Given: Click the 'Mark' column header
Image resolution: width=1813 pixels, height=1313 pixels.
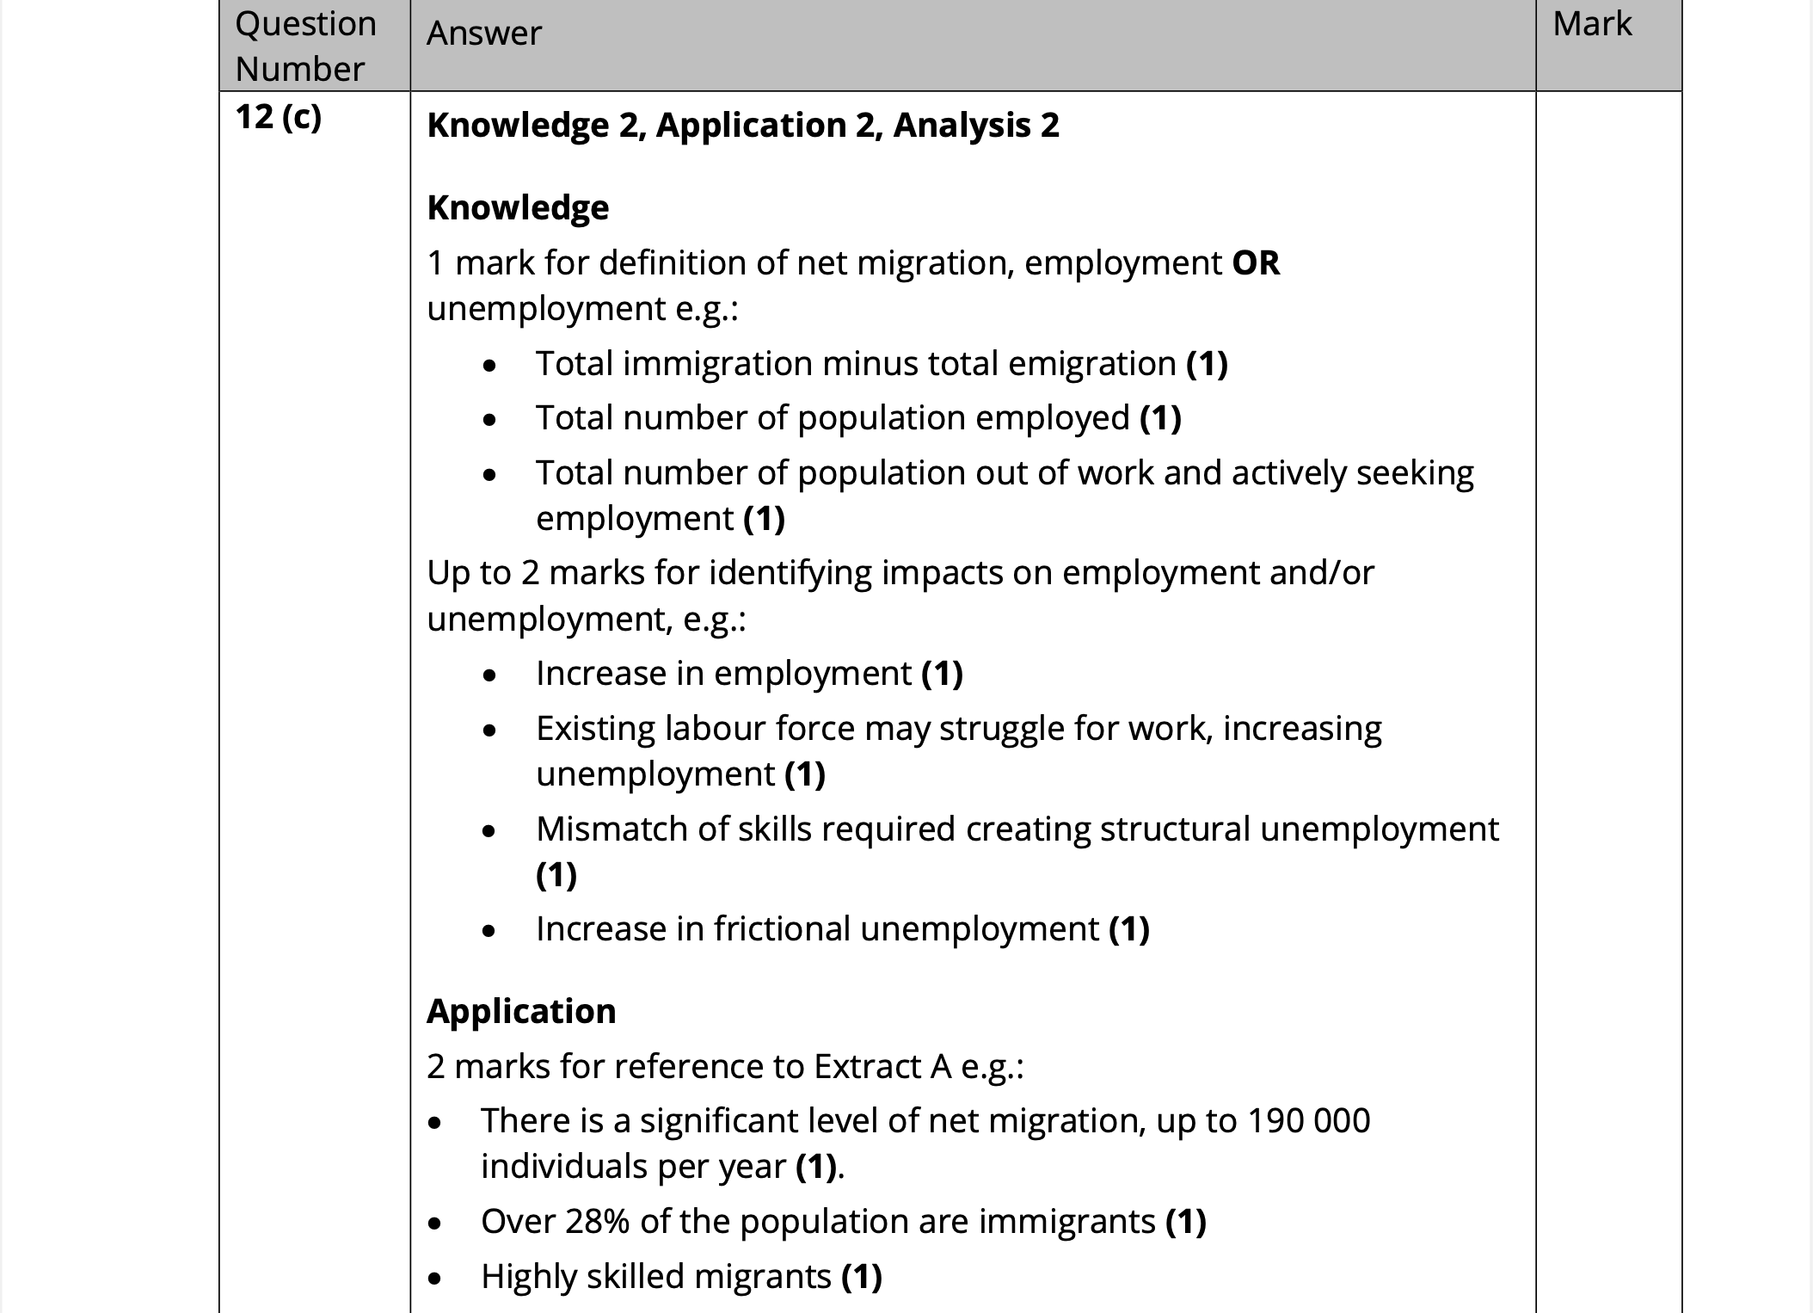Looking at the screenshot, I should point(1591,24).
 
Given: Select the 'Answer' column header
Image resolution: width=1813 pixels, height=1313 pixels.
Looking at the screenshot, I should point(484,34).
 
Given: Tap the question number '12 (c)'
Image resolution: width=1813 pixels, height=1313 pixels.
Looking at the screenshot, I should point(278,116).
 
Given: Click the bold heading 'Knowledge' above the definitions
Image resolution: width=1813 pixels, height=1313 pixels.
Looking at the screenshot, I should point(518,207).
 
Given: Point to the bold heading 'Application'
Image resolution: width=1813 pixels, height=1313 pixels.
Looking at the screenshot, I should point(521,1011).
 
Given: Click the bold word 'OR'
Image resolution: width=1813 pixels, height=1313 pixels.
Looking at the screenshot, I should point(1256,262).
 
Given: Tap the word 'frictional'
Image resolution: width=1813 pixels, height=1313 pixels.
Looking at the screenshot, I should point(782,929).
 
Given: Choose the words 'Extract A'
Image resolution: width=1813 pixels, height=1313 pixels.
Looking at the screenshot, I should point(882,1066).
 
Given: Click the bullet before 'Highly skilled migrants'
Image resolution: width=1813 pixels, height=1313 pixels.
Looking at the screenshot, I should point(435,1279).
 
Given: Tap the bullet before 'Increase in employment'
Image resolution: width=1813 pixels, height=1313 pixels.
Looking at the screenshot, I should point(489,675).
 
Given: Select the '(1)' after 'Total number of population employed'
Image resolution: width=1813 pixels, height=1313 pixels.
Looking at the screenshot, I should point(1160,418).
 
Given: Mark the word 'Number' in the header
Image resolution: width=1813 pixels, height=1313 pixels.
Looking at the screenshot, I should point(300,69).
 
